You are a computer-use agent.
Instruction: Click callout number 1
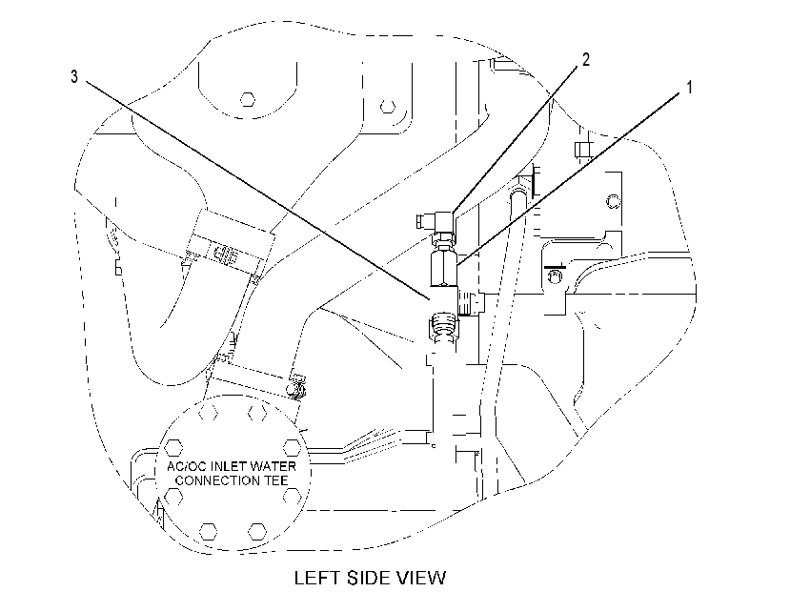689,87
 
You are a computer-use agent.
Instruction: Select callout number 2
585,59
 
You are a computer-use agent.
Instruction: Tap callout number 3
74,76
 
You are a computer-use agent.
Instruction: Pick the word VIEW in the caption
423,578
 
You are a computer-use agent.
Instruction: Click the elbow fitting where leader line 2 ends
436,222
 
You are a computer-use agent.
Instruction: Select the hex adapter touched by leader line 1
444,269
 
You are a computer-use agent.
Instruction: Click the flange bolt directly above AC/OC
173,447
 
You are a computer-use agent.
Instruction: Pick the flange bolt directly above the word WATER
292,447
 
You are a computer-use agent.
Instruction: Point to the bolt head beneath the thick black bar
555,275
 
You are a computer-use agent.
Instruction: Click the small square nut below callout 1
582,150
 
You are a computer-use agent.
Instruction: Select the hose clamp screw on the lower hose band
295,387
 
